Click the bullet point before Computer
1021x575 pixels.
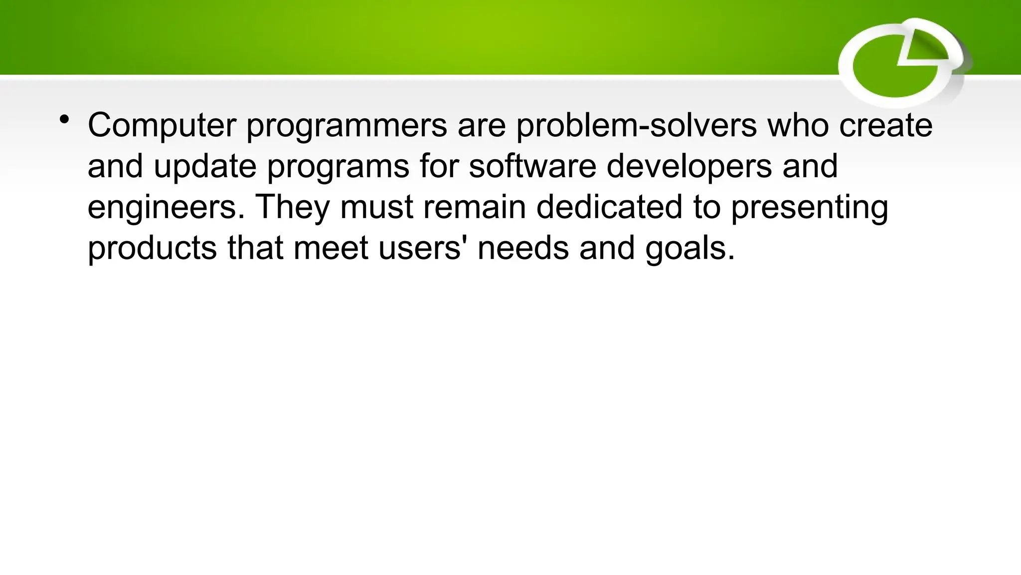(x=64, y=120)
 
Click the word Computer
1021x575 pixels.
(x=162, y=126)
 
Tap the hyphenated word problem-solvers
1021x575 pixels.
(x=636, y=126)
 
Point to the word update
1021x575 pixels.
(x=205, y=167)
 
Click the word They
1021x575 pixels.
(x=293, y=208)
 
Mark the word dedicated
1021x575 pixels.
(x=609, y=207)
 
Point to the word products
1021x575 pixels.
(x=152, y=249)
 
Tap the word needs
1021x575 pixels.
(x=523, y=248)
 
